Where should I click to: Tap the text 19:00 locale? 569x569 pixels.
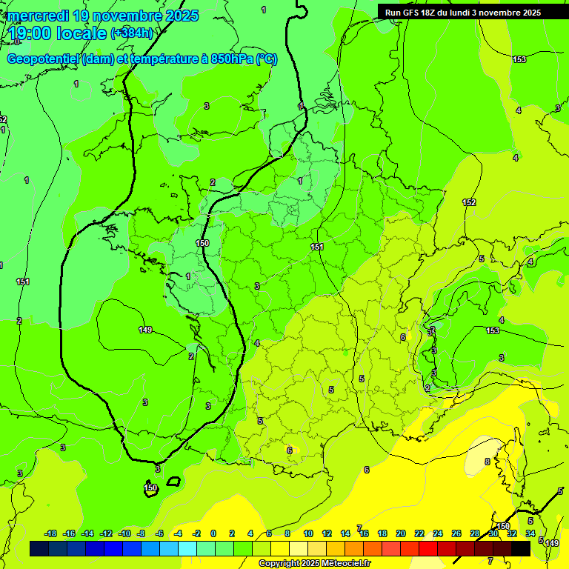pyautogui.click(x=58, y=33)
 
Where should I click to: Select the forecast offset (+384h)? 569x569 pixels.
pyautogui.click(x=132, y=33)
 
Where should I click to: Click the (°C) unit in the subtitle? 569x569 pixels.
pyautogui.click(x=267, y=59)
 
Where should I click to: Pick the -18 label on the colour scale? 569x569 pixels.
pyautogui.click(x=50, y=533)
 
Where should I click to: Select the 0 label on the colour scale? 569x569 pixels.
pyautogui.click(x=213, y=533)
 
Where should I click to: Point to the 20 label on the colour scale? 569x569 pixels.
pyautogui.click(x=401, y=533)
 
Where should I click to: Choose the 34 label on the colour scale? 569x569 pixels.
pyautogui.click(x=530, y=533)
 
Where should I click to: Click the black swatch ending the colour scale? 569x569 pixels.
pyautogui.click(x=521, y=548)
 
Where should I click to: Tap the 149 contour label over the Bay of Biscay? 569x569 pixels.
pyautogui.click(x=145, y=330)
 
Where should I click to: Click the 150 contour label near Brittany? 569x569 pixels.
pyautogui.click(x=202, y=243)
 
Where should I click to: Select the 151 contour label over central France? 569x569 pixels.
pyautogui.click(x=317, y=247)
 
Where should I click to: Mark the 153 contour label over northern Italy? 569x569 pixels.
pyautogui.click(x=493, y=330)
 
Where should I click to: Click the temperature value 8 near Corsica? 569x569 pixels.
pyautogui.click(x=487, y=462)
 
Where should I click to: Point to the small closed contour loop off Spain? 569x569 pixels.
pyautogui.click(x=173, y=482)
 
